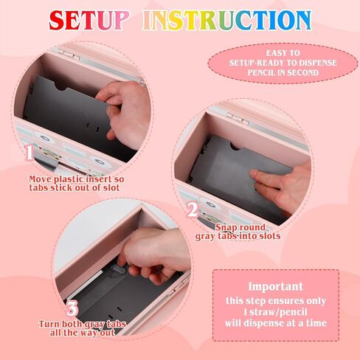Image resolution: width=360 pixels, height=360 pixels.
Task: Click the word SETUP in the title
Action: (89, 20)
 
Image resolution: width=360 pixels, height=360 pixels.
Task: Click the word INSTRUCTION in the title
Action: (227, 20)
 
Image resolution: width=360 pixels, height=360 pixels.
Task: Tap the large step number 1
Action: (30, 153)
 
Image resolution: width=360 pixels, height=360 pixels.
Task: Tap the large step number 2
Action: (192, 210)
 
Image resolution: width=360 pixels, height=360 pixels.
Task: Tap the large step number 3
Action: (72, 309)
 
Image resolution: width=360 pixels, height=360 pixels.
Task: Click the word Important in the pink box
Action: (275, 287)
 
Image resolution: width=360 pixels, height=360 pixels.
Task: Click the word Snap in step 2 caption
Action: (225, 227)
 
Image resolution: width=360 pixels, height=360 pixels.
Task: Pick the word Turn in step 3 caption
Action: (49, 324)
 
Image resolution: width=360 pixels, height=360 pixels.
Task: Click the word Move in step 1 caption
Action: (40, 179)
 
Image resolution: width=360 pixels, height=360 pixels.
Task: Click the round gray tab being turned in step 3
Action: (120, 270)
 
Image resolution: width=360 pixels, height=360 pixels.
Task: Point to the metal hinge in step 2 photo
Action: (238, 118)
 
